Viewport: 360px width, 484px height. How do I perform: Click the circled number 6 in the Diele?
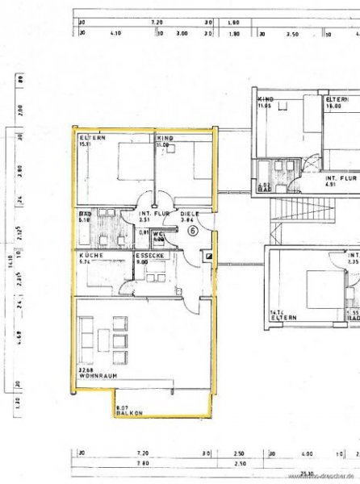click(193, 230)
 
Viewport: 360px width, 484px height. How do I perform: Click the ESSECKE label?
click(147, 255)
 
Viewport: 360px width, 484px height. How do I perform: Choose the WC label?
click(158, 235)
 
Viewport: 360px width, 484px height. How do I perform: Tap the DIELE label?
click(187, 212)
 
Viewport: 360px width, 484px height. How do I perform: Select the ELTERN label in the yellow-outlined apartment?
click(90, 139)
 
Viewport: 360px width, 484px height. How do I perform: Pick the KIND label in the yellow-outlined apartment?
click(165, 139)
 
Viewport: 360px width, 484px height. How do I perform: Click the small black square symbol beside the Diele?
click(209, 256)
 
